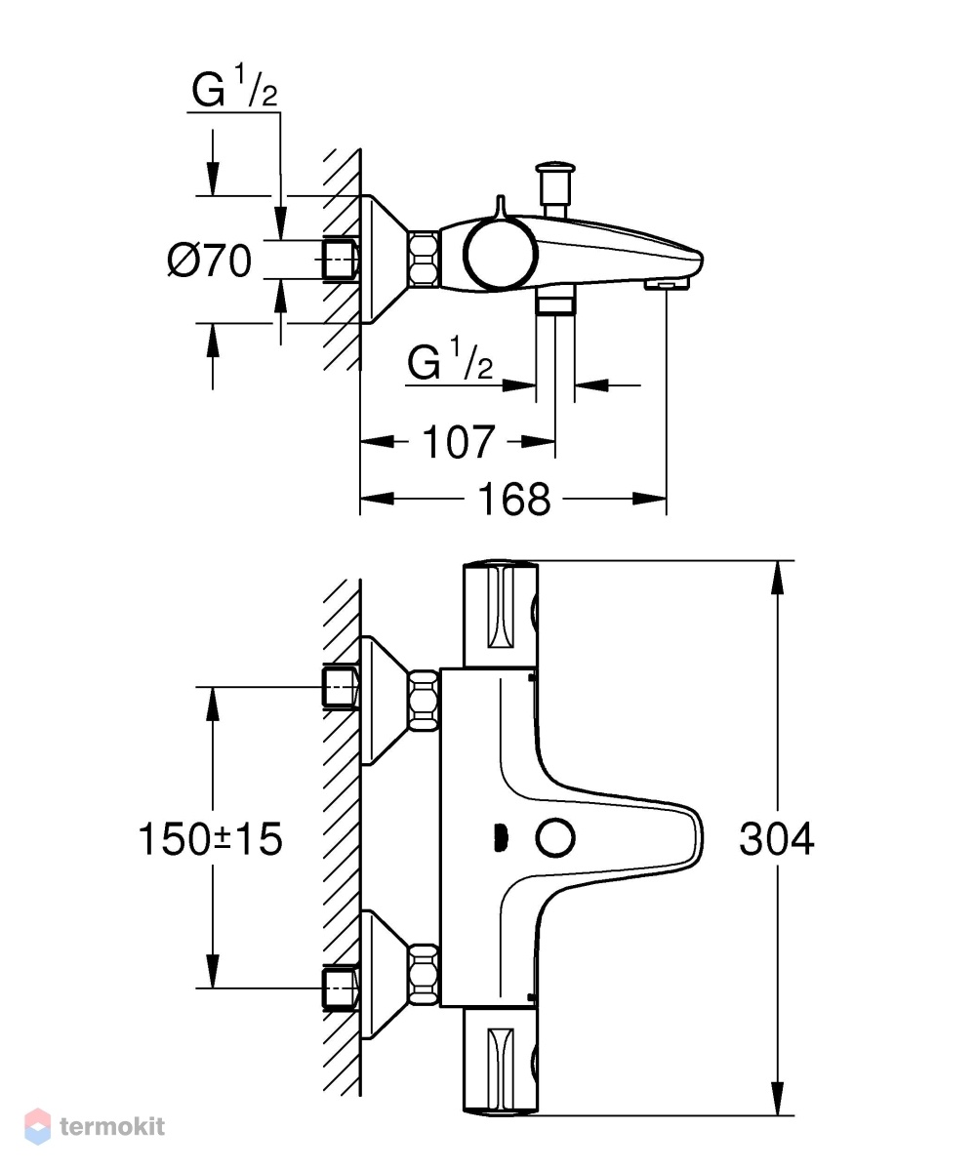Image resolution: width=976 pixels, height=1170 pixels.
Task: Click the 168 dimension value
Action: pyautogui.click(x=513, y=500)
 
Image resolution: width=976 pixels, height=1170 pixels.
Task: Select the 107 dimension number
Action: pyautogui.click(x=458, y=442)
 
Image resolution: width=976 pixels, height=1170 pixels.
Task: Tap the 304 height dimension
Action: pyautogui.click(x=776, y=839)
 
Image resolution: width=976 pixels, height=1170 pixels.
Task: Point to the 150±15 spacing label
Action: pyautogui.click(x=211, y=838)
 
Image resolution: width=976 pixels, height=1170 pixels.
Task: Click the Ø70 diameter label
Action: pyautogui.click(x=210, y=261)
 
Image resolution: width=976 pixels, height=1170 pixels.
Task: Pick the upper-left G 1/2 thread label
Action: pyautogui.click(x=233, y=87)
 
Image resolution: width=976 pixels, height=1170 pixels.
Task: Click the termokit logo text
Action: pyautogui.click(x=112, y=1127)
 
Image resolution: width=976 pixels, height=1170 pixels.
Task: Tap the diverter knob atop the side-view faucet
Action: pyautogui.click(x=554, y=185)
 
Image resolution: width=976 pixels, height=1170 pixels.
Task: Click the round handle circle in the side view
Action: pyautogui.click(x=501, y=253)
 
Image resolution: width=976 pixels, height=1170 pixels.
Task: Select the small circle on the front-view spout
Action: pyautogui.click(x=555, y=838)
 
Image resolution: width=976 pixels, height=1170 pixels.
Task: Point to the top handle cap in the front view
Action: pyautogui.click(x=501, y=613)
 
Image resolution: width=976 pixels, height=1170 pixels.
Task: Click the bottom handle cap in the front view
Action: pyautogui.click(x=501, y=1063)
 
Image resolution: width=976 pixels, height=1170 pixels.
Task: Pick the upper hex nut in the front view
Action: pyautogui.click(x=424, y=699)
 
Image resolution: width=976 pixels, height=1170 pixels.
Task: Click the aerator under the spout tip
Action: pyautogui.click(x=667, y=284)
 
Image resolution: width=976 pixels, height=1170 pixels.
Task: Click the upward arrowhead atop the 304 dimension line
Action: pyautogui.click(x=778, y=576)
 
